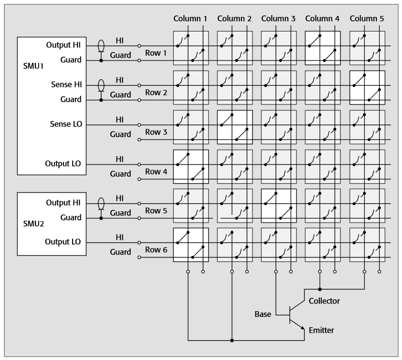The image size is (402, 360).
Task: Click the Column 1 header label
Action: [191, 19]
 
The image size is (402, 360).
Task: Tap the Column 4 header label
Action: [323, 19]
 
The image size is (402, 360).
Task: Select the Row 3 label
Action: [155, 131]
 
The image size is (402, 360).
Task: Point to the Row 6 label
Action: [155, 249]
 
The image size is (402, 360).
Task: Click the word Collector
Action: [324, 301]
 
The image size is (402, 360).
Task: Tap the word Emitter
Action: [321, 330]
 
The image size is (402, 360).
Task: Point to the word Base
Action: [263, 315]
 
